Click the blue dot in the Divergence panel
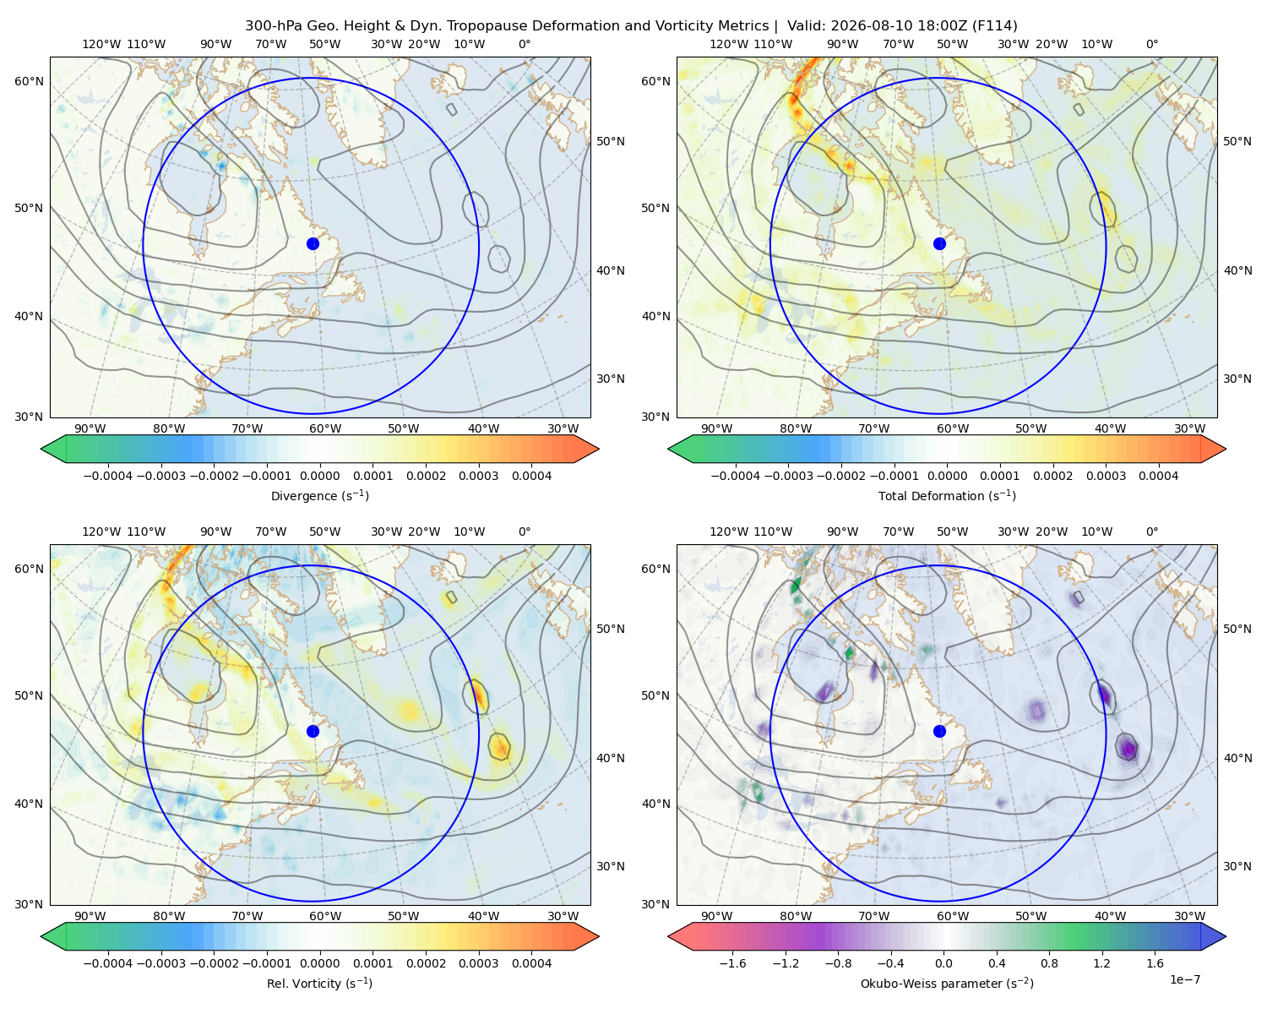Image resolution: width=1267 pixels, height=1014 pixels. [313, 244]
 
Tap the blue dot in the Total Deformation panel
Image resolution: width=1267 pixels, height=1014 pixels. [939, 244]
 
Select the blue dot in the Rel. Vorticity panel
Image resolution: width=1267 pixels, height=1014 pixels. [313, 731]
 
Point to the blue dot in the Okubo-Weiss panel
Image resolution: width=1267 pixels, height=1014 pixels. [939, 731]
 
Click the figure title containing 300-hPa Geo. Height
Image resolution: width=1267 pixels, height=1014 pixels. [631, 26]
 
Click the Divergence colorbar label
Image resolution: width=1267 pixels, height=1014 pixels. [319, 496]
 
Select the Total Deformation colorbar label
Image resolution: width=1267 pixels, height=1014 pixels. [947, 496]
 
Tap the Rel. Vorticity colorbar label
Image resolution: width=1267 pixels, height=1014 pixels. [319, 984]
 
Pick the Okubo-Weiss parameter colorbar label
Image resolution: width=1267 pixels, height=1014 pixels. [947, 984]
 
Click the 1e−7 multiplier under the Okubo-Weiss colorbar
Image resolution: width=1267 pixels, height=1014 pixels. [1184, 979]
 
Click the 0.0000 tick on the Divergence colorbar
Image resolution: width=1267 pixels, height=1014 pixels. [319, 476]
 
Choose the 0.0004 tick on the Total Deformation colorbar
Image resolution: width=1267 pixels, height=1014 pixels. [1159, 476]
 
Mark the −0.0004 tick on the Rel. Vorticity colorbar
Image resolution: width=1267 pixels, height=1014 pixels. [108, 963]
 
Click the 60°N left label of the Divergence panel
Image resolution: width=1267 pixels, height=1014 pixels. [29, 81]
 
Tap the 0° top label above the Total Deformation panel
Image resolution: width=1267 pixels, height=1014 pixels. [1151, 44]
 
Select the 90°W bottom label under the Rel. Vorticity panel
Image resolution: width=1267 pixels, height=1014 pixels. [90, 916]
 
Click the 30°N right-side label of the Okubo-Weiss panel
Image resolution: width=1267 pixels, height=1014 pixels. [1237, 866]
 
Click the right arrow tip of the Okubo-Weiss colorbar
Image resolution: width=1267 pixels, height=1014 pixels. [1226, 936]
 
